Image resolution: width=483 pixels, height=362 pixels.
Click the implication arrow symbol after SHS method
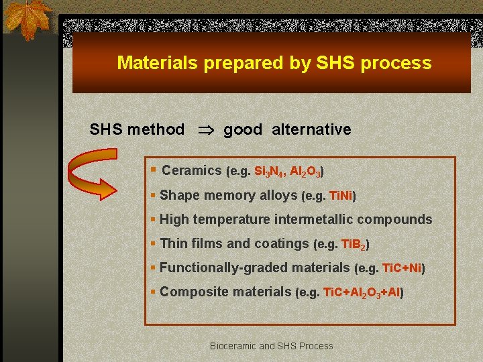coord(205,129)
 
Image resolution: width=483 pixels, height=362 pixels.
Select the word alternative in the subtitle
coord(311,129)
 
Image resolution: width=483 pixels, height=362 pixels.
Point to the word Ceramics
coord(192,171)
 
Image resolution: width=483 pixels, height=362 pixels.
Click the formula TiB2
coord(354,245)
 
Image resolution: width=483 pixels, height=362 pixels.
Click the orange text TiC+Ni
coord(401,269)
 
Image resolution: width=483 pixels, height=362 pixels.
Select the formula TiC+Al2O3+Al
coord(361,293)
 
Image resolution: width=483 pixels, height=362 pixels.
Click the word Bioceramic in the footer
coord(233,346)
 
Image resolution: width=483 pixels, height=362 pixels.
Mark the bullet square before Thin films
coord(154,244)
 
